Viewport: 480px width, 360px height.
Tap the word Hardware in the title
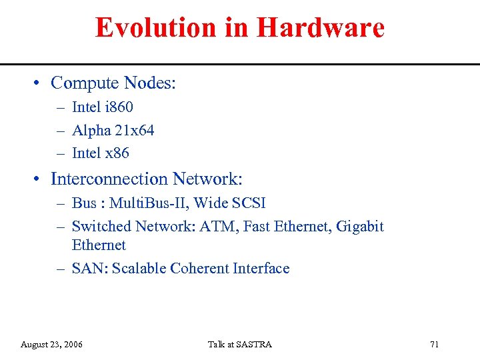pos(320,28)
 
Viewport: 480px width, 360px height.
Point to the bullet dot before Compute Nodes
pos(39,83)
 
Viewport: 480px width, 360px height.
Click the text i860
pos(120,107)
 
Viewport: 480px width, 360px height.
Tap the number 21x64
pos(134,130)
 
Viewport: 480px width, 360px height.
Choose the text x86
pos(117,153)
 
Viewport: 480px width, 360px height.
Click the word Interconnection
pos(109,179)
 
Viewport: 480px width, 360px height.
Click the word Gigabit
pos(360,226)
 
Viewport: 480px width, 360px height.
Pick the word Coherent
pos(199,268)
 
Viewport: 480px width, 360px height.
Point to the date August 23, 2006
pos(52,344)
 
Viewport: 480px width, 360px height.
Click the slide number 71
pos(435,344)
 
